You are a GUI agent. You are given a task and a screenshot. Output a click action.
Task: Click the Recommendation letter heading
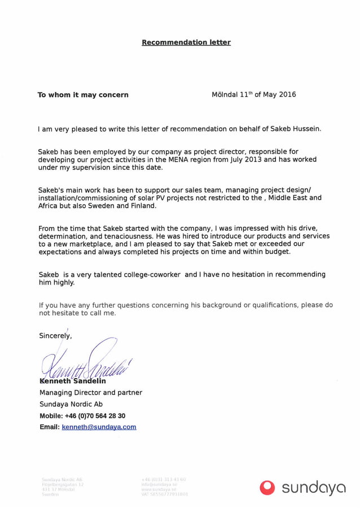(x=186, y=42)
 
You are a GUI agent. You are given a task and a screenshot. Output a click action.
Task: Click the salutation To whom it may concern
(x=83, y=95)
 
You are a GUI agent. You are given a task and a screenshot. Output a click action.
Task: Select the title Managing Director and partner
(x=90, y=392)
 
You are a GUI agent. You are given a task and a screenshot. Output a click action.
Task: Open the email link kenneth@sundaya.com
(x=99, y=427)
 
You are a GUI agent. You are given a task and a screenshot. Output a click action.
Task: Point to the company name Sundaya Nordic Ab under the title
(x=71, y=404)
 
